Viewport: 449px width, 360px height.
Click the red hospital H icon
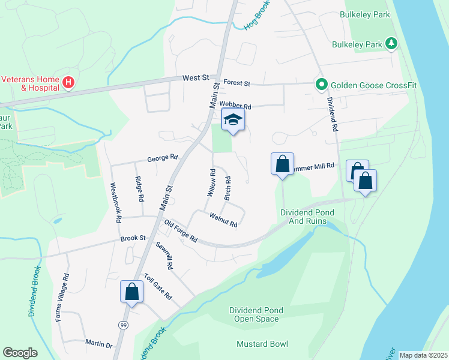coord(68,82)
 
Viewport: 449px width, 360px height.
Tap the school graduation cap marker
coord(233,120)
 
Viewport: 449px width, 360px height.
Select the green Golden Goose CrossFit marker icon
coord(321,84)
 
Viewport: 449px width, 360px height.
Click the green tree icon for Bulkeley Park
coord(391,43)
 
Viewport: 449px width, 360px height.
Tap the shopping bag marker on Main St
coord(131,292)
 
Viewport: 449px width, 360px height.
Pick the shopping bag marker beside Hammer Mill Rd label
coord(282,164)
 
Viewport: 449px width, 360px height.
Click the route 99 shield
coord(122,325)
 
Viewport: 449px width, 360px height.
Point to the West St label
coord(195,78)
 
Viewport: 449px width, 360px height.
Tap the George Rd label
coord(163,159)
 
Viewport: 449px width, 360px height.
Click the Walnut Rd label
coord(223,220)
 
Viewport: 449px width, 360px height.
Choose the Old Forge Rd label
coord(181,230)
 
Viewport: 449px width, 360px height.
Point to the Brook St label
coord(133,238)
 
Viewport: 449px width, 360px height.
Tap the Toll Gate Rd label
coord(158,287)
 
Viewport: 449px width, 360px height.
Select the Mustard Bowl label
coord(262,344)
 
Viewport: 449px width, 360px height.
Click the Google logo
coord(20,353)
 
